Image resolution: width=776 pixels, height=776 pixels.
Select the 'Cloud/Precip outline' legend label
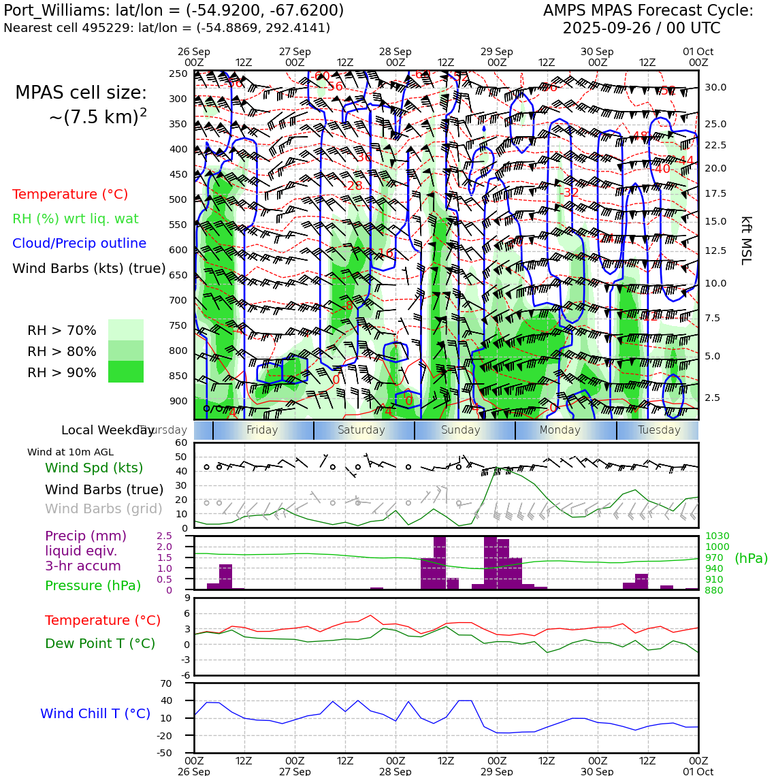(x=79, y=244)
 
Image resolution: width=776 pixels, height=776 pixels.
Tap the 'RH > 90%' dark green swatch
(x=126, y=372)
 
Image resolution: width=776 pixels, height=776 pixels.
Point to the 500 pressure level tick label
(x=178, y=199)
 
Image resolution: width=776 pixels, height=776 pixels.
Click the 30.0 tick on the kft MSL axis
(x=715, y=88)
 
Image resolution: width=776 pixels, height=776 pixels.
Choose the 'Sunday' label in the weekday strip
(x=461, y=430)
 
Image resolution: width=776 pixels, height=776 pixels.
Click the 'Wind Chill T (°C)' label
(x=95, y=713)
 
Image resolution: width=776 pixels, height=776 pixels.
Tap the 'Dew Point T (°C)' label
(x=100, y=643)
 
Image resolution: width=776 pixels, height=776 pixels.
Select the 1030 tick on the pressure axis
(x=717, y=536)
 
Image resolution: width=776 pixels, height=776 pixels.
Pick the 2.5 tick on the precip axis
(x=164, y=536)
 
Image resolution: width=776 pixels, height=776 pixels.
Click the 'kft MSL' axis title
(x=746, y=240)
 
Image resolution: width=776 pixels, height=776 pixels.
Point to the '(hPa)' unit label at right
(x=751, y=559)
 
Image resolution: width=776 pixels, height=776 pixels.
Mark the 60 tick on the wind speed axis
(x=181, y=442)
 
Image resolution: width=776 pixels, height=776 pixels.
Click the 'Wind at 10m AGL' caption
(x=71, y=452)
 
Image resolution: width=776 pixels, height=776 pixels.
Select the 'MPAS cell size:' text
(x=81, y=93)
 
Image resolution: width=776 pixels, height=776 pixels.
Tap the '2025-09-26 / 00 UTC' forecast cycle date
(x=641, y=29)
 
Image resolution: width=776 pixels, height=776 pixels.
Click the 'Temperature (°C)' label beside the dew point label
(x=103, y=620)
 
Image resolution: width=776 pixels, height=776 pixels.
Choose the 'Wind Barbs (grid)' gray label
(x=104, y=508)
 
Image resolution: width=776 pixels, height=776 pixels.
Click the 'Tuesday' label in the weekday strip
(x=659, y=430)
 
